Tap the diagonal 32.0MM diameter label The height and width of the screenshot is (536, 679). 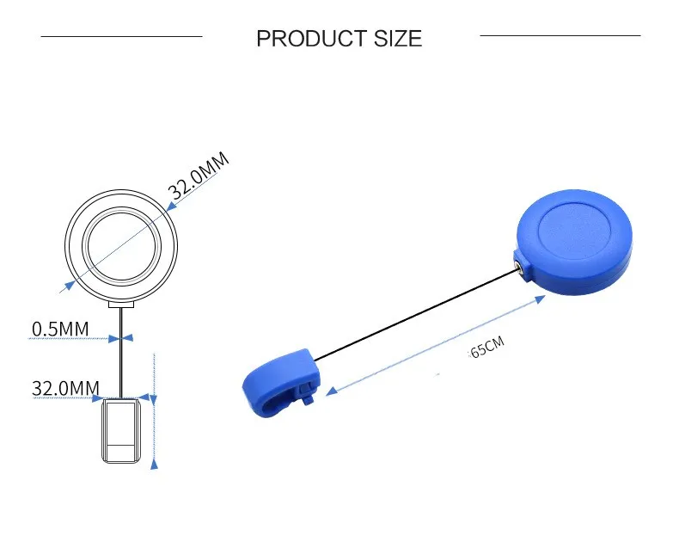point(200,175)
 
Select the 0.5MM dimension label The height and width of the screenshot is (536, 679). point(60,329)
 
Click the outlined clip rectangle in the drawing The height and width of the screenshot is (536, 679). point(122,429)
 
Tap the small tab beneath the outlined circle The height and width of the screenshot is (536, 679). point(121,303)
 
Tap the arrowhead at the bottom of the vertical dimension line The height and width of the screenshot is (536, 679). point(155,464)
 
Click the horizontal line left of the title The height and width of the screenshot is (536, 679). point(121,36)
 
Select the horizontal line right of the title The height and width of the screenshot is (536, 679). point(560,35)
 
